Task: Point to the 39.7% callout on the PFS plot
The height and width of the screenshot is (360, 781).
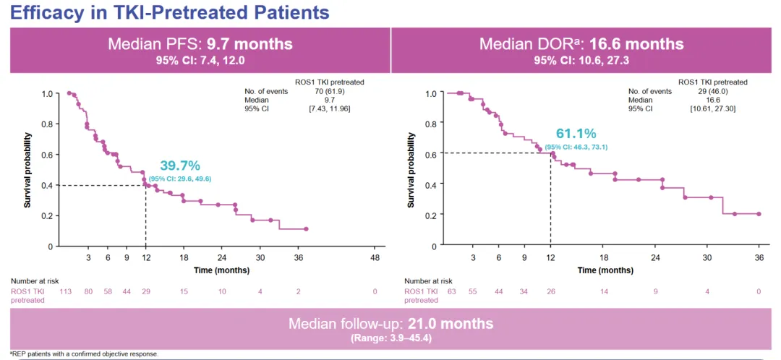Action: click(181, 166)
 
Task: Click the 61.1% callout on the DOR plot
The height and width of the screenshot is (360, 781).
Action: click(576, 134)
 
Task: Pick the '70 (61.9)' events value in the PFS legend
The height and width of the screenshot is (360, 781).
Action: click(329, 91)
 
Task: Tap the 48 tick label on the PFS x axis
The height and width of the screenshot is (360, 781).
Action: click(375, 257)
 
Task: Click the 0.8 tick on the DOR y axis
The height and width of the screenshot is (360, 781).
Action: click(431, 124)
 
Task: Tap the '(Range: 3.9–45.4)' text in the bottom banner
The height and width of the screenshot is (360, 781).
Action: click(390, 338)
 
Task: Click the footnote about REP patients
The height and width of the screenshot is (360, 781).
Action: click(84, 354)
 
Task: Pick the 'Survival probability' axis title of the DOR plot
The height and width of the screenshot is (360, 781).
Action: click(411, 170)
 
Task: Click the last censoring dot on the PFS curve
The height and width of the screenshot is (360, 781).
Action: click(306, 229)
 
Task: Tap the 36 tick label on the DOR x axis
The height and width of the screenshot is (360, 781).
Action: click(759, 257)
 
